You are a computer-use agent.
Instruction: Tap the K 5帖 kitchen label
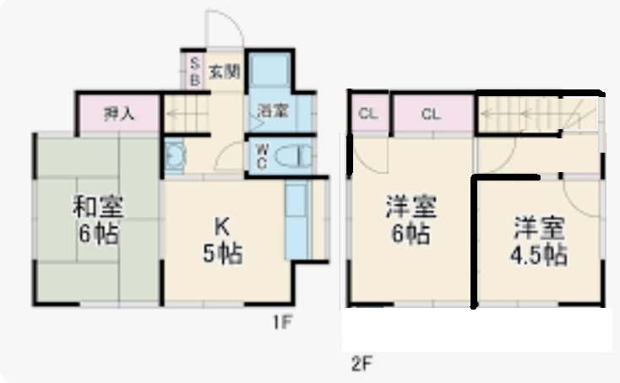(x=222, y=240)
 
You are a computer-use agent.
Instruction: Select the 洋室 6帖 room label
(x=409, y=219)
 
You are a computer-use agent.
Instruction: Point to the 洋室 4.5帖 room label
(x=538, y=240)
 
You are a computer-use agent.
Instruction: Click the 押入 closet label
(x=117, y=115)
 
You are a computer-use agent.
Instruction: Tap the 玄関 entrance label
(x=225, y=72)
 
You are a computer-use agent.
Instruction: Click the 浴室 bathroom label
(x=271, y=111)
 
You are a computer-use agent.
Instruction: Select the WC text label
(x=262, y=156)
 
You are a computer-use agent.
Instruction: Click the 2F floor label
(x=362, y=364)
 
